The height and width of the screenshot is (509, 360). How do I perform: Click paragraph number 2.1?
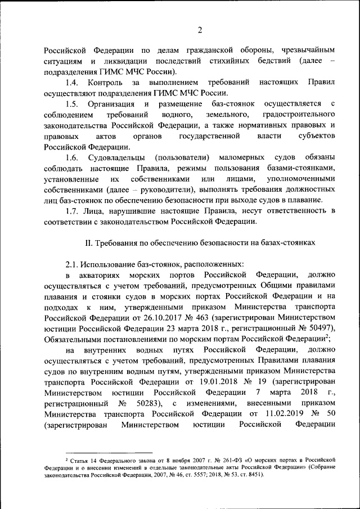coord(73,263)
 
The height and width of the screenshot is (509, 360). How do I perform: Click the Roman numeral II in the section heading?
coord(88,242)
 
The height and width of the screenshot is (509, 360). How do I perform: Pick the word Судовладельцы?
coord(116,156)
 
